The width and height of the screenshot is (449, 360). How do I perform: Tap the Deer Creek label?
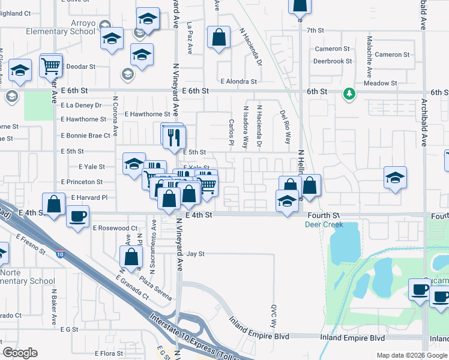[x=324, y=225]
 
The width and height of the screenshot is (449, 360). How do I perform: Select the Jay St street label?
[x=196, y=254]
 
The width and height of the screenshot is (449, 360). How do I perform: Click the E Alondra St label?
[x=238, y=81]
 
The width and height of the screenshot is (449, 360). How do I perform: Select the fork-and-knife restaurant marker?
[x=175, y=137]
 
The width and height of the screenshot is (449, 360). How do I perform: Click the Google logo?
[x=20, y=353]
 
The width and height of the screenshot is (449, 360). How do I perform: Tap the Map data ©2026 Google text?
[x=411, y=355]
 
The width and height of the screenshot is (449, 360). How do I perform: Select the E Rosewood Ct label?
[x=115, y=228]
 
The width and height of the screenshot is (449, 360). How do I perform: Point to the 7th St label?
[x=315, y=30]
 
